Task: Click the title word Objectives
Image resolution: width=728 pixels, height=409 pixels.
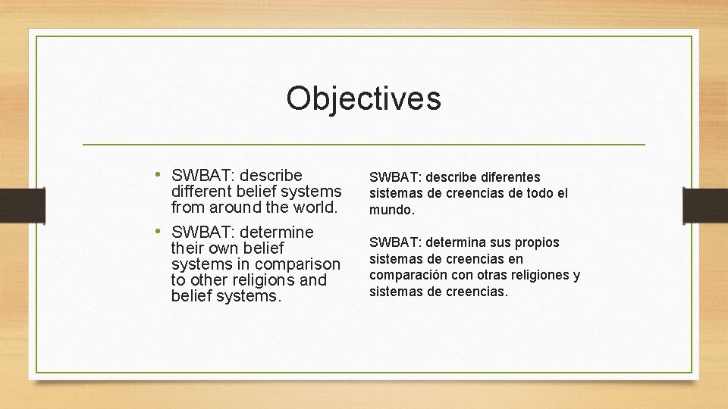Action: tap(363, 98)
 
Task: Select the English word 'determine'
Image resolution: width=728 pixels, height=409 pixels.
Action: tap(276, 232)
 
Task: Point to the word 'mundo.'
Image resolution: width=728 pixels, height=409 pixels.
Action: tap(392, 210)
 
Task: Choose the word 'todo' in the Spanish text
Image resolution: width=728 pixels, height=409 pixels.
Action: tap(540, 193)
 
